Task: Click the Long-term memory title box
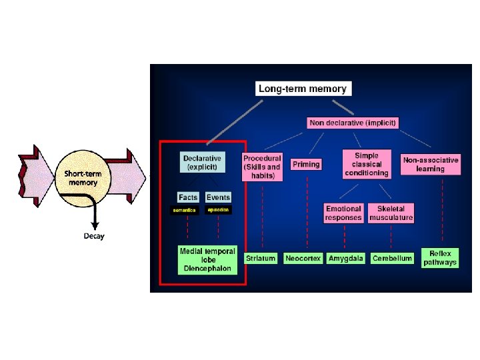pyautogui.click(x=303, y=88)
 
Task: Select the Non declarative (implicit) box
pyautogui.click(x=353, y=123)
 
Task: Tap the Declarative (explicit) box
pyautogui.click(x=203, y=162)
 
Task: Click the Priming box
pyautogui.click(x=306, y=164)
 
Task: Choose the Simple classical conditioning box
pyautogui.click(x=367, y=164)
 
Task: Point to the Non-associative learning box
pyautogui.click(x=431, y=164)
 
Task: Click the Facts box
pyautogui.click(x=189, y=197)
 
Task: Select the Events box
pyautogui.click(x=218, y=197)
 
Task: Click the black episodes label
pyautogui.click(x=218, y=210)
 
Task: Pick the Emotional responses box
pyautogui.click(x=344, y=213)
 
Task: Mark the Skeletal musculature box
pyautogui.click(x=391, y=213)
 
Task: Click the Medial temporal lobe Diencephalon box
pyautogui.click(x=207, y=260)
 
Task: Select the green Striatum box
pyautogui.click(x=261, y=258)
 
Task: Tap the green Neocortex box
pyautogui.click(x=303, y=258)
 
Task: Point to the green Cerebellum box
pyautogui.click(x=391, y=258)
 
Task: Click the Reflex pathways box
pyautogui.click(x=440, y=258)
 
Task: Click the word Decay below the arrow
pyautogui.click(x=94, y=237)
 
